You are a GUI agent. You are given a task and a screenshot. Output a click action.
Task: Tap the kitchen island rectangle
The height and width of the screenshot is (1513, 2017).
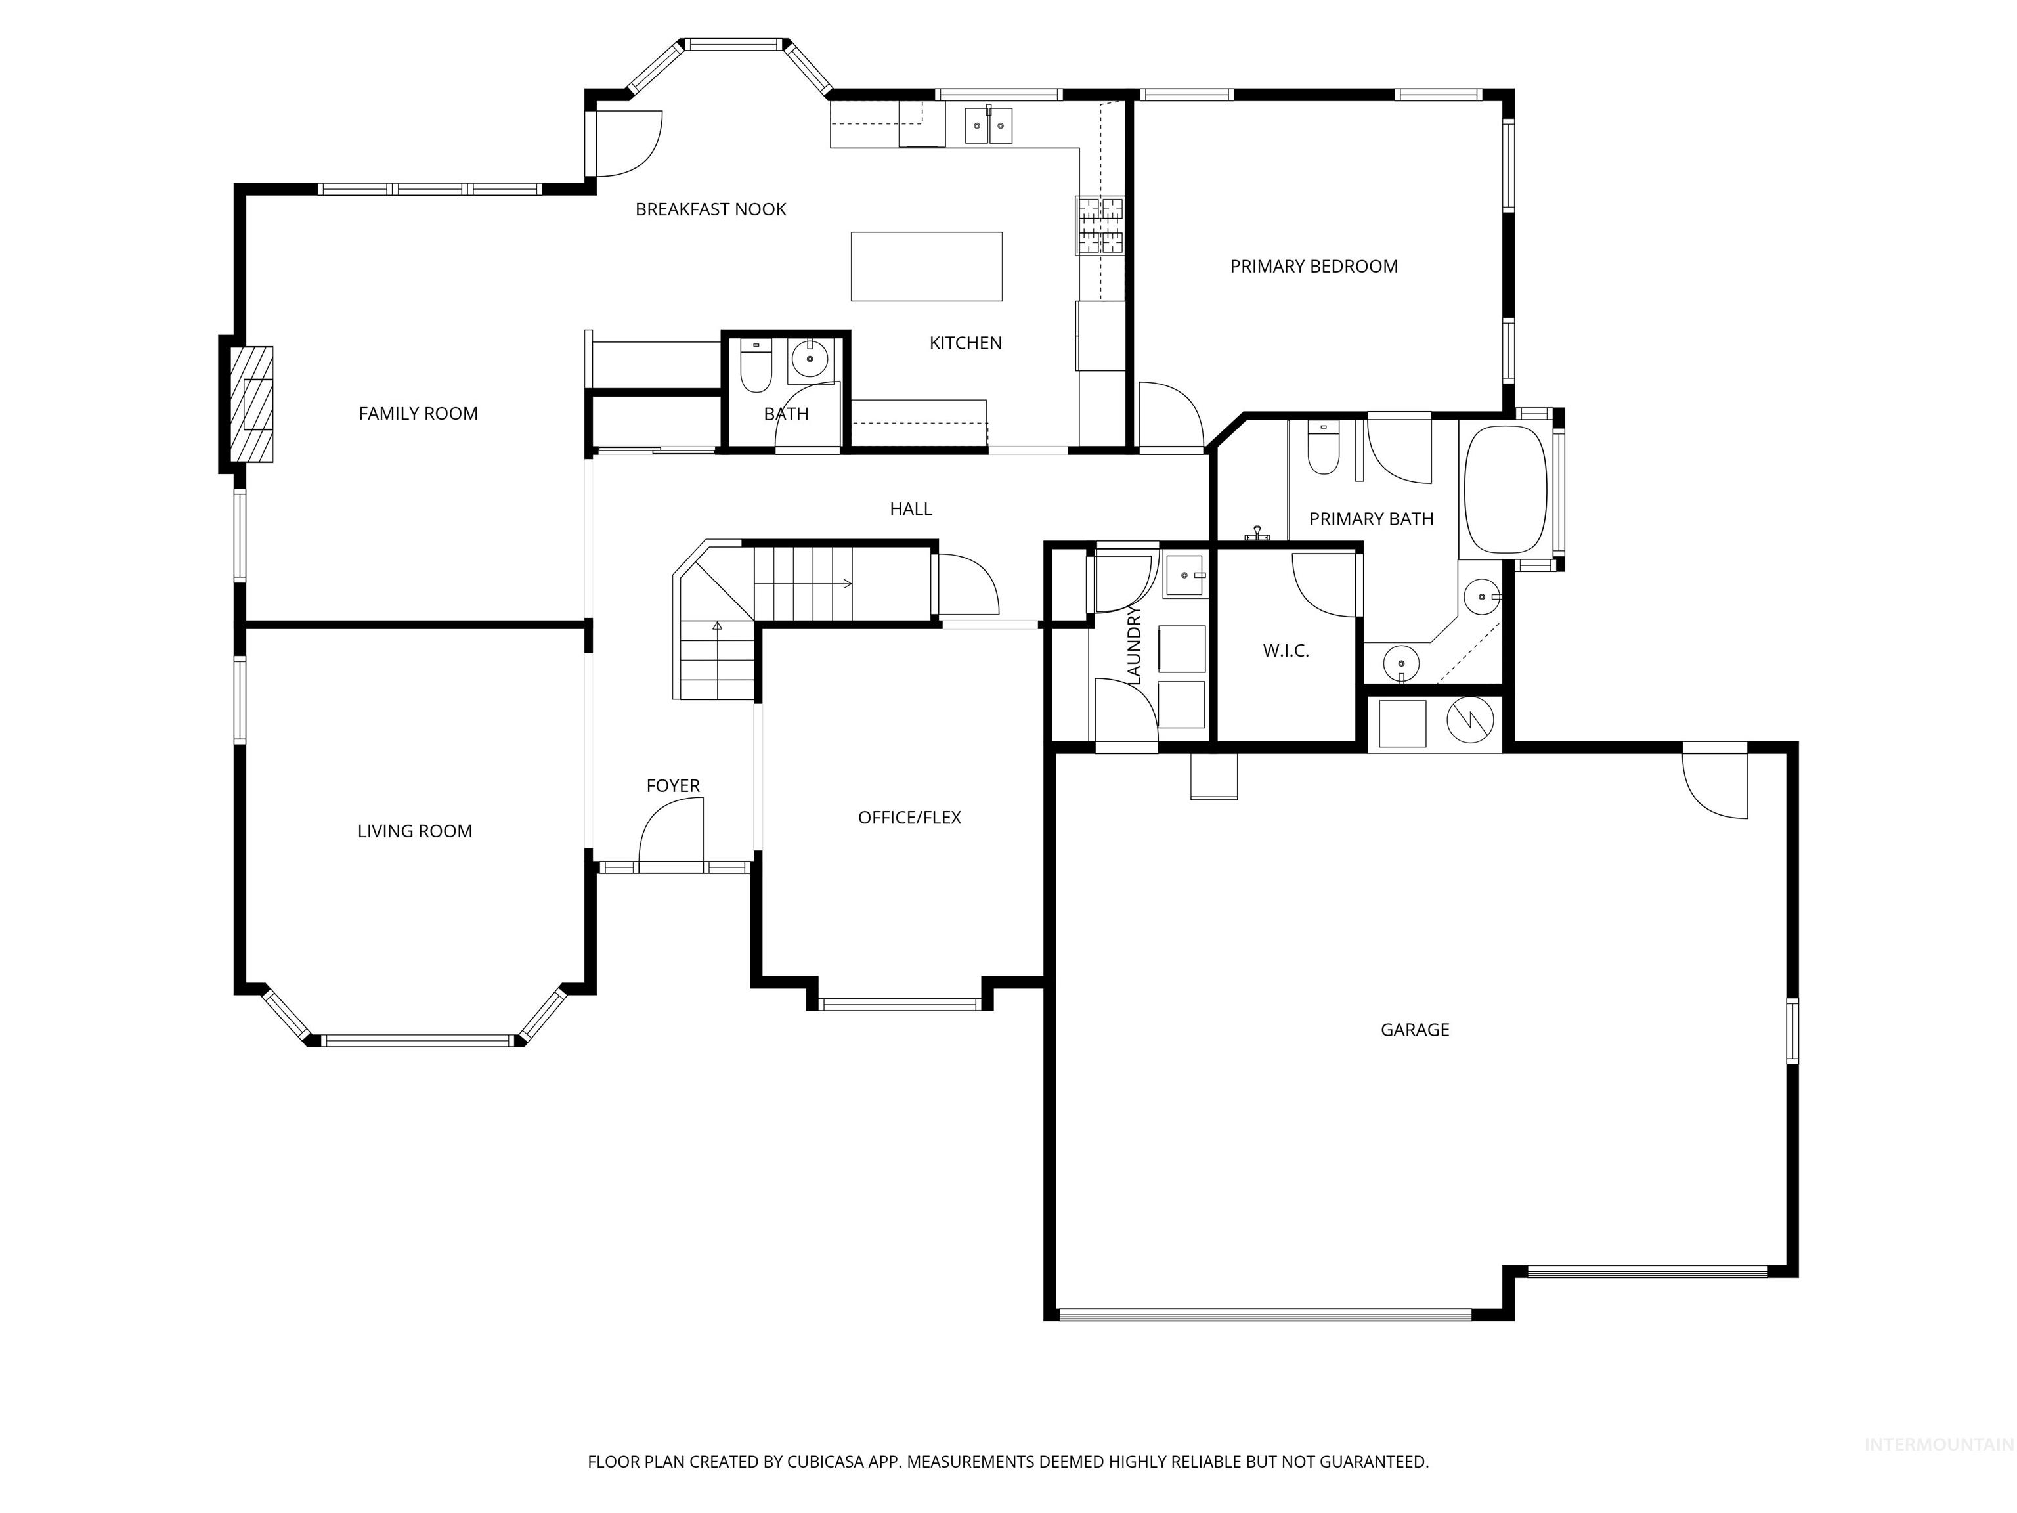(926, 267)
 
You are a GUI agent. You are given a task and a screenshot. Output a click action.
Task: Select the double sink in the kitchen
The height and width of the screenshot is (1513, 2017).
(988, 126)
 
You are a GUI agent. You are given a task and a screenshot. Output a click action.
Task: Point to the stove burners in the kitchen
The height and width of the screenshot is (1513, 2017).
(1100, 225)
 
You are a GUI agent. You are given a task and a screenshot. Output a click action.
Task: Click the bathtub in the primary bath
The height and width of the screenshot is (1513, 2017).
(1505, 490)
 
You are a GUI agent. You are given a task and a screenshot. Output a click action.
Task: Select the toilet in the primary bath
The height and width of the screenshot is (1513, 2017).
(1322, 450)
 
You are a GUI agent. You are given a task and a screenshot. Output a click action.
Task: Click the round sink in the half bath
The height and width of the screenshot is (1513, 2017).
(808, 359)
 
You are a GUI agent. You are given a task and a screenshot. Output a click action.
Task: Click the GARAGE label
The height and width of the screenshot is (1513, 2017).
(1414, 1030)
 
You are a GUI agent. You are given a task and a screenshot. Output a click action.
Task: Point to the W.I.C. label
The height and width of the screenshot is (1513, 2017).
(1286, 650)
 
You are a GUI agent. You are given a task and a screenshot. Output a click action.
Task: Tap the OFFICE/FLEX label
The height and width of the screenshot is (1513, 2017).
(909, 817)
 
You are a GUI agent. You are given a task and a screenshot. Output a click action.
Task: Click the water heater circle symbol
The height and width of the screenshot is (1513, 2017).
(1471, 720)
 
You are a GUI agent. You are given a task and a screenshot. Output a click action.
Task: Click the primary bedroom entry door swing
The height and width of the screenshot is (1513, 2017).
(1170, 416)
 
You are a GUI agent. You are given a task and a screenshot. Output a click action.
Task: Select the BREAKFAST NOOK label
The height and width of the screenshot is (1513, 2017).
(710, 209)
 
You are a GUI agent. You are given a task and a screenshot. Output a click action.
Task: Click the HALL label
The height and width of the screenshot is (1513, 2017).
(911, 509)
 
